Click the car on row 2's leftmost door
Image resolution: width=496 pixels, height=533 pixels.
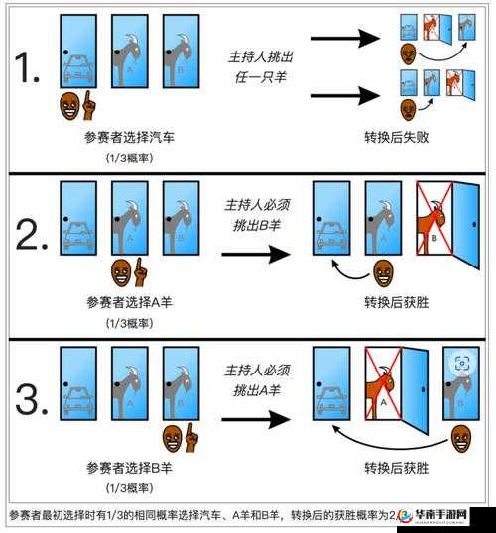coord(79,235)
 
